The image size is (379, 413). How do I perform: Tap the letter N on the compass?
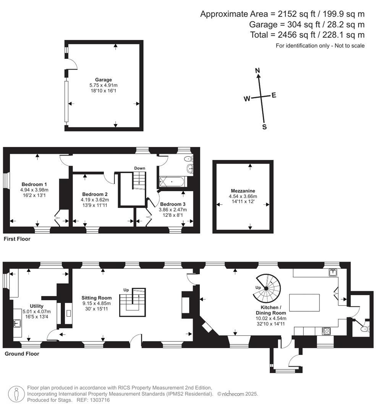pos(258,70)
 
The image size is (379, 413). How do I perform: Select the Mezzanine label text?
pos(243,191)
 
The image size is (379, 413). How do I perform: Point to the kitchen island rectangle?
pos(304,303)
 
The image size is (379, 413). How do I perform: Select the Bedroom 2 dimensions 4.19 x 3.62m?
pos(95,200)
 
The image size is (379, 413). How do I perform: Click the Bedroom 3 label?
pos(173,204)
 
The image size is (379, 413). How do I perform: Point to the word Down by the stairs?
pos(139,168)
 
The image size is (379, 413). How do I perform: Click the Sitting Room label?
pos(96,298)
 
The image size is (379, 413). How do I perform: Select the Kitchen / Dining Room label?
pos(271,310)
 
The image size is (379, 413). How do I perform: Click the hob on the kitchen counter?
pos(327,330)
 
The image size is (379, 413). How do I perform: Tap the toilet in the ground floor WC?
pos(365,328)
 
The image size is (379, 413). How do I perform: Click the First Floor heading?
pos(17,239)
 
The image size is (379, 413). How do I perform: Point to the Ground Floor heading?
pos(22,354)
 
